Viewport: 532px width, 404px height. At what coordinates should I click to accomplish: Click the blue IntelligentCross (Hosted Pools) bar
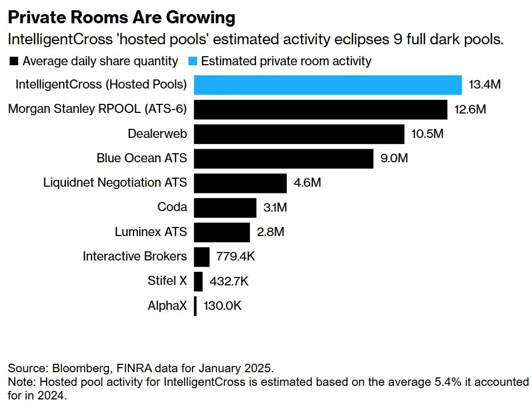pyautogui.click(x=328, y=85)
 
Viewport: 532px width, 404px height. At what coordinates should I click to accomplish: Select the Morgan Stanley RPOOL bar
pyautogui.click(x=321, y=109)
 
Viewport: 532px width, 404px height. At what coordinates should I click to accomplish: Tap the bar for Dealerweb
pyautogui.click(x=299, y=134)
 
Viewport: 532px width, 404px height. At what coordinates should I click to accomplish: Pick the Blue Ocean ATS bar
pyautogui.click(x=283, y=158)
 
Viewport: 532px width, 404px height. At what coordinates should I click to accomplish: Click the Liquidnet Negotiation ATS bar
pyautogui.click(x=240, y=183)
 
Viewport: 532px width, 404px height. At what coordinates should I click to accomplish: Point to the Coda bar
pyautogui.click(x=225, y=207)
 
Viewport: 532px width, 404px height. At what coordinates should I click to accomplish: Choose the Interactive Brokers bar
pyautogui.click(x=202, y=256)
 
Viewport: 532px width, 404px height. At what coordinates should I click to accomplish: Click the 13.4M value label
pyautogui.click(x=484, y=85)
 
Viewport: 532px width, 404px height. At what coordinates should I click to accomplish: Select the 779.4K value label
pyautogui.click(x=236, y=256)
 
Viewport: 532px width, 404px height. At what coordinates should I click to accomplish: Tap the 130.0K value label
pyautogui.click(x=223, y=306)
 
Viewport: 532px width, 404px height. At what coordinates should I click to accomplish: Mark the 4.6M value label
pyautogui.click(x=307, y=183)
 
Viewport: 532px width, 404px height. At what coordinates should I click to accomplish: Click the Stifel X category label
pyautogui.click(x=167, y=281)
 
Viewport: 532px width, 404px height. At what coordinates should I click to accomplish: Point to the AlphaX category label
pyautogui.click(x=167, y=306)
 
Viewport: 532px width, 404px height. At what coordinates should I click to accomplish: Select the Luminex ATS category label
pyautogui.click(x=150, y=232)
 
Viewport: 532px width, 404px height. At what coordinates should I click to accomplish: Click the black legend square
pyautogui.click(x=14, y=61)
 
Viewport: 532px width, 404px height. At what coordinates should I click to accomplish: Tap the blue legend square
pyautogui.click(x=193, y=61)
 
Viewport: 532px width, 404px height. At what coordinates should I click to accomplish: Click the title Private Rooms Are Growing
pyautogui.click(x=121, y=18)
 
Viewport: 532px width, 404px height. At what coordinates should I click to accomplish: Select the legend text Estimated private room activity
pyautogui.click(x=286, y=61)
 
